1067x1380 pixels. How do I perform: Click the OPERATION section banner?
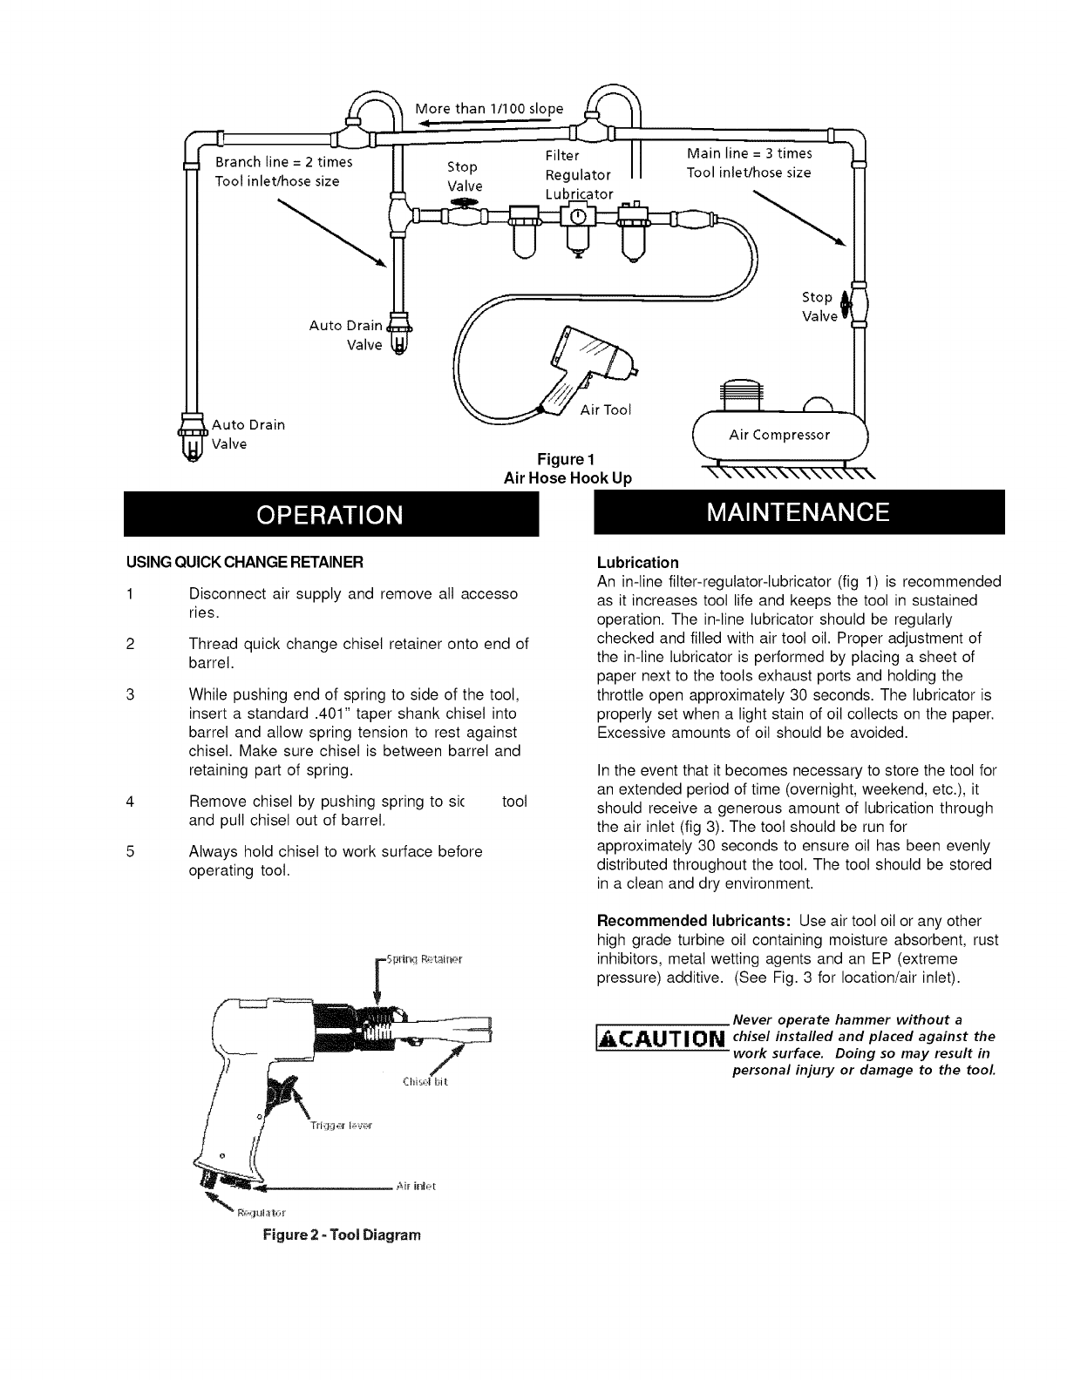pyautogui.click(x=330, y=514)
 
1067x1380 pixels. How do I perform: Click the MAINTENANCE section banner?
pyautogui.click(x=798, y=512)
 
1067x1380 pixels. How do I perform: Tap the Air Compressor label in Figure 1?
pyautogui.click(x=779, y=435)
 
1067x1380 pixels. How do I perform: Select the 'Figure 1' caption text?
pyautogui.click(x=567, y=460)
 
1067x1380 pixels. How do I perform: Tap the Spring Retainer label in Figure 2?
pyautogui.click(x=423, y=961)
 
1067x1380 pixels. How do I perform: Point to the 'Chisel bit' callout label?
pyautogui.click(x=425, y=1083)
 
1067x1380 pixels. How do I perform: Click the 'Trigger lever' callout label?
pyautogui.click(x=341, y=1126)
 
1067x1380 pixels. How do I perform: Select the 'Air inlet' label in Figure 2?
pyautogui.click(x=416, y=1186)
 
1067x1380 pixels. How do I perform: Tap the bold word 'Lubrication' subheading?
pyautogui.click(x=637, y=562)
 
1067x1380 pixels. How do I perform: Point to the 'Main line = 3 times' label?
pyautogui.click(x=749, y=153)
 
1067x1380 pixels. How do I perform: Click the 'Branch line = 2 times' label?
pyautogui.click(x=283, y=162)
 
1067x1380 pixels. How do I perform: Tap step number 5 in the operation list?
pyautogui.click(x=128, y=851)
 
